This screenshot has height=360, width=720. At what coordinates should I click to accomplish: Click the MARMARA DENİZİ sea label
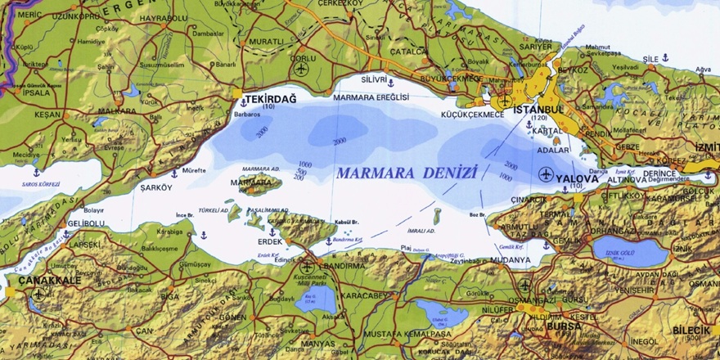point(406,173)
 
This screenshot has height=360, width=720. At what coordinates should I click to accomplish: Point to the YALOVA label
point(577,177)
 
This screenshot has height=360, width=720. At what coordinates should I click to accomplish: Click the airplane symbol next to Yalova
point(546,173)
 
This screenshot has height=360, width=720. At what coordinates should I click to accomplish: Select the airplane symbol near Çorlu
point(301,69)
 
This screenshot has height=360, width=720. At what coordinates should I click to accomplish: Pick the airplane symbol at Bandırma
point(307,266)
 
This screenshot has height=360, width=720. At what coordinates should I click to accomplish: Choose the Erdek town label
point(270,241)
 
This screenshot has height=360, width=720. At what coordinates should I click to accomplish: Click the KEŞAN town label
point(47,115)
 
